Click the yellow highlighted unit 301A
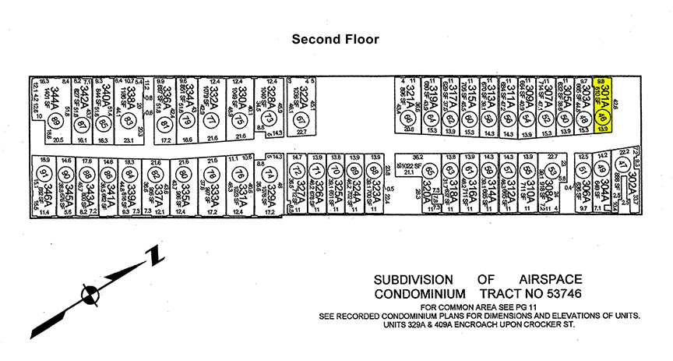pyautogui.click(x=601, y=104)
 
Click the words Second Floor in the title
pyautogui.click(x=335, y=38)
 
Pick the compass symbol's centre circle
pyautogui.click(x=92, y=294)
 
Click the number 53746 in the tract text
pyautogui.click(x=601, y=294)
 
